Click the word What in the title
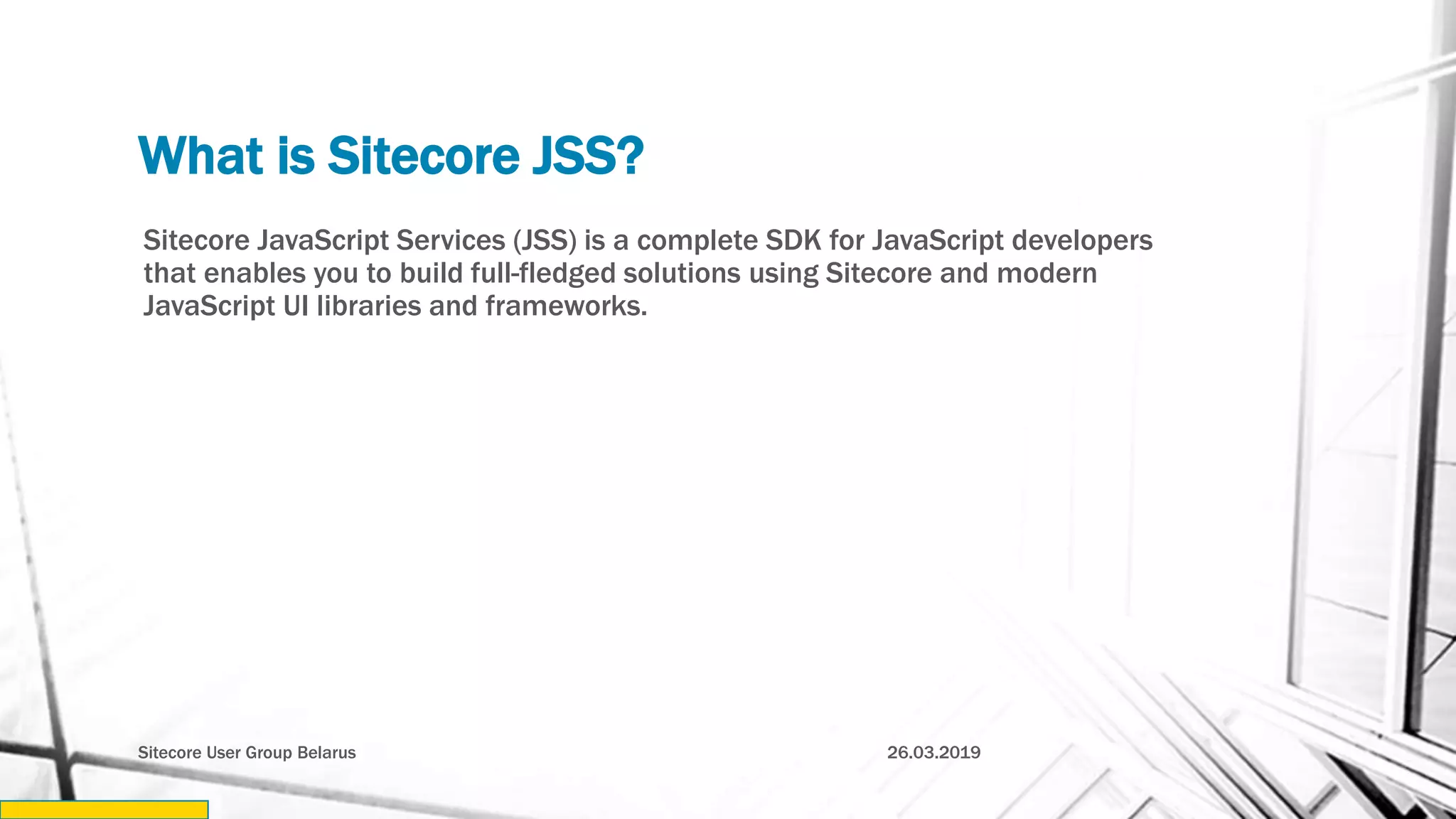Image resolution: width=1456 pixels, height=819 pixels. coord(200,156)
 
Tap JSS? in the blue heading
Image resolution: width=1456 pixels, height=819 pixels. coord(588,156)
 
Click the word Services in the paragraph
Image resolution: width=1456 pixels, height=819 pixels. coord(450,240)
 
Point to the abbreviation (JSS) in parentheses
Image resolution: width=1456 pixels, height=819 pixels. coord(545,240)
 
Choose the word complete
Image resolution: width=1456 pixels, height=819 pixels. coord(697,242)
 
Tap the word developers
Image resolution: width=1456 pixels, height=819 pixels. coord(1081,242)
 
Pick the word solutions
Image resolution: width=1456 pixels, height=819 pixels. coord(682,273)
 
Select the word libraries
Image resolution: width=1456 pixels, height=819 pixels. coord(368,306)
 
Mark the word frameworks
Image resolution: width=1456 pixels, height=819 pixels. coord(566,306)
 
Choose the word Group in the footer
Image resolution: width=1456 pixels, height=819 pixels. coord(269,753)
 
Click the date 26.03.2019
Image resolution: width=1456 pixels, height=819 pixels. coord(933,752)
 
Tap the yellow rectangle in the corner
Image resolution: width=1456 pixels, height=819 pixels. coord(104,809)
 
